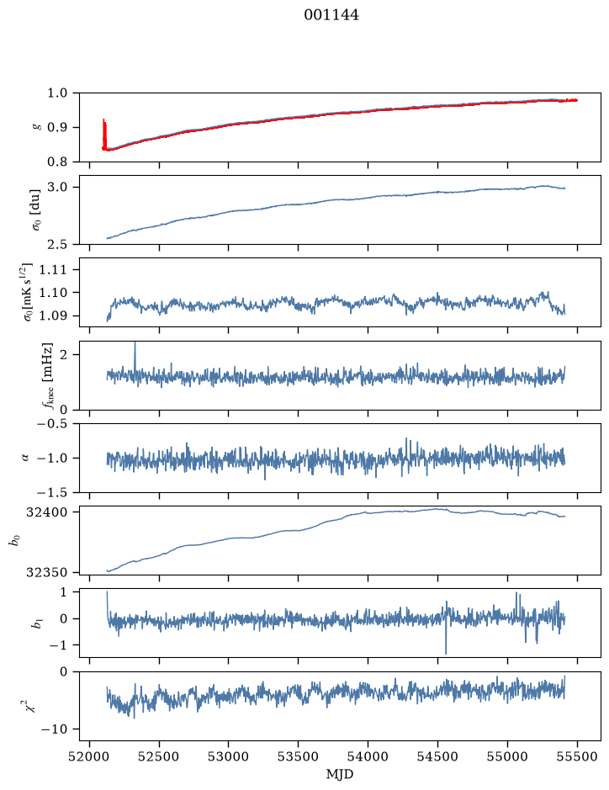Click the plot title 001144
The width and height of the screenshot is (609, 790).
coord(331,15)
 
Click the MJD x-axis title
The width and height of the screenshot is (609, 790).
coord(340,774)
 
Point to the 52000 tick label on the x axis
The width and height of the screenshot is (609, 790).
coord(90,756)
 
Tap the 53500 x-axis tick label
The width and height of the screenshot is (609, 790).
coord(299,756)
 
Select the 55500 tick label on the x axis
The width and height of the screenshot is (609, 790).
coord(577,756)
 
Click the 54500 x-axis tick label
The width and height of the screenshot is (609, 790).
coord(437,756)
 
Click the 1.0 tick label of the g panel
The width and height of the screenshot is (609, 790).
coord(57,93)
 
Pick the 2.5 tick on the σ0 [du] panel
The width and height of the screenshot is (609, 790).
coord(57,244)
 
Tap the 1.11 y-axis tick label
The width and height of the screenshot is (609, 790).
coord(53,269)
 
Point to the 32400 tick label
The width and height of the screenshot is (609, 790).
coord(46,512)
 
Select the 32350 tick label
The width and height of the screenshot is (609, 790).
coord(46,572)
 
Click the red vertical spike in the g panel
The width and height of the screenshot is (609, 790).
coord(104,134)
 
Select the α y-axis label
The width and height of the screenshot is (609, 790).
coord(25,458)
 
